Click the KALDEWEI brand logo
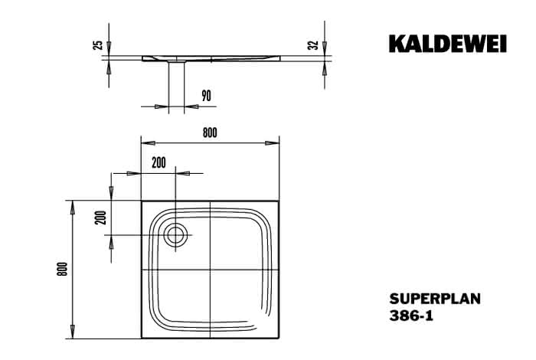coord(447,44)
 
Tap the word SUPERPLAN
coord(435,299)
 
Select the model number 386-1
coord(411,316)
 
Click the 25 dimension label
coord(98,45)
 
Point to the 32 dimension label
coord(312,45)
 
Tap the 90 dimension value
coord(206,96)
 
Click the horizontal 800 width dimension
coord(210,133)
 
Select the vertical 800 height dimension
coord(63,269)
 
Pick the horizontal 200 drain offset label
coord(159,162)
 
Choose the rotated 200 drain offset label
coord(101,218)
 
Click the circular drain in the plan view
coord(175,235)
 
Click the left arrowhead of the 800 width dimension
coord(149,143)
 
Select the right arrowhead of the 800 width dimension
coord(272,143)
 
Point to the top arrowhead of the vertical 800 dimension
coord(73,208)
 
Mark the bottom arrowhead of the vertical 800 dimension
coord(73,332)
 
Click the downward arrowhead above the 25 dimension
coord(109,48)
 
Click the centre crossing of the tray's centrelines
coord(211,270)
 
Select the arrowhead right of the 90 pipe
coord(191,106)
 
